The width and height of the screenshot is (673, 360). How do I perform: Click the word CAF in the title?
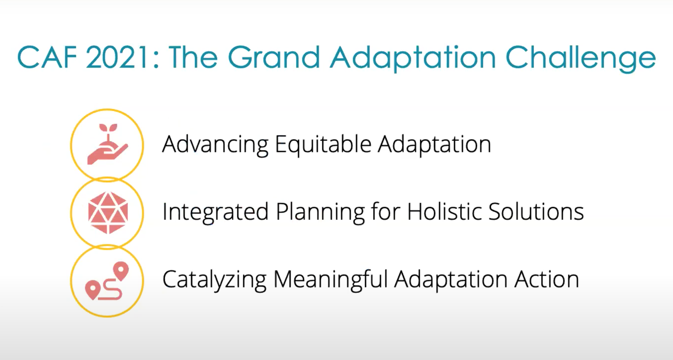(x=47, y=57)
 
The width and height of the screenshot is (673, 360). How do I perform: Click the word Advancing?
(x=215, y=145)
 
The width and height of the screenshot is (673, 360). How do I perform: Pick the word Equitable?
(x=323, y=145)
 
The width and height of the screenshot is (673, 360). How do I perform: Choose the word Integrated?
(x=215, y=212)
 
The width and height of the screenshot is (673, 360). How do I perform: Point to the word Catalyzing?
(x=214, y=280)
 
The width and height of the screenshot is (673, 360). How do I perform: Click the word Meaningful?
(x=331, y=280)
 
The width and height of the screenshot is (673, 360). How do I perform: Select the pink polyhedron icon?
(x=108, y=213)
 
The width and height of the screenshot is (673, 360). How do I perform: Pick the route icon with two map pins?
(x=107, y=281)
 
